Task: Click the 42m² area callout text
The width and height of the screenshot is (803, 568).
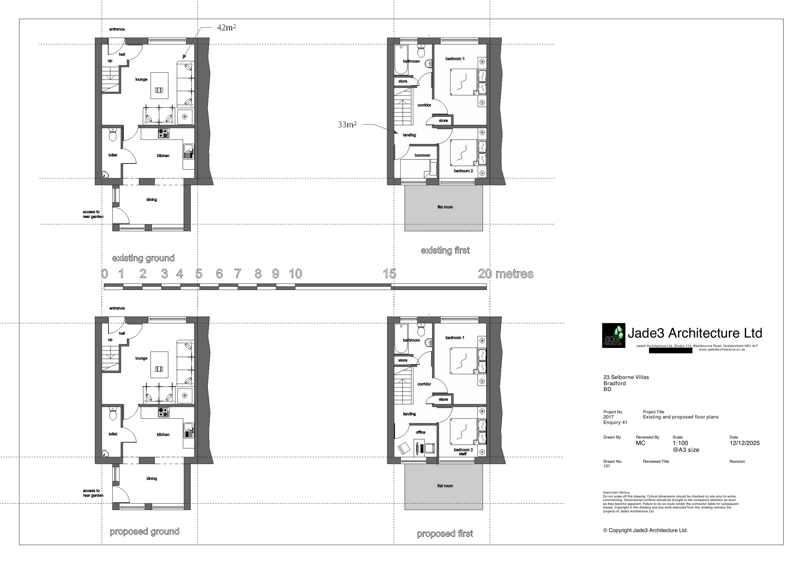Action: pos(226,27)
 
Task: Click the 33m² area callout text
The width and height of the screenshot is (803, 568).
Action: pos(347,125)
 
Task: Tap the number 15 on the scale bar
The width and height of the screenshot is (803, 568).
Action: pos(389,274)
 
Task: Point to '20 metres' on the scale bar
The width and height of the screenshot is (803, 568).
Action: pos(505,274)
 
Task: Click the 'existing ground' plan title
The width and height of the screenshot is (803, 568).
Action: pos(143,258)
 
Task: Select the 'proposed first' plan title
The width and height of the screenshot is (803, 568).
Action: pos(445,534)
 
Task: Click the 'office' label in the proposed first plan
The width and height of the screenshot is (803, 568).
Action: pos(420,432)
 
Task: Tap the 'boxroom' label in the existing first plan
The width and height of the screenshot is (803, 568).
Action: pos(422,155)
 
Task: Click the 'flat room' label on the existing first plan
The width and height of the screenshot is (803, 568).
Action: pos(445,207)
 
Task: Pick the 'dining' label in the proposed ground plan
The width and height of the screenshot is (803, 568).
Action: pos(151,478)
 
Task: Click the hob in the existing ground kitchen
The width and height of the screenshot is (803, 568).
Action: pos(163,133)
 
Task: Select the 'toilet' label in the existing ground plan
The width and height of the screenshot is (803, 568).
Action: pos(113,155)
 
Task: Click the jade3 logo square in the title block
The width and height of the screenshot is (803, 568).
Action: pos(613,335)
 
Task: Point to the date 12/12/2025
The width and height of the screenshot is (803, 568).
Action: pos(744,443)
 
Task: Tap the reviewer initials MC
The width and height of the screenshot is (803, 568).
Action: pos(640,443)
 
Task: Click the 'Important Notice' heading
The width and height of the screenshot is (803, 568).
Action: pos(616,492)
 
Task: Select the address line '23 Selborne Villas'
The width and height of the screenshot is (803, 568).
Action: pos(626,377)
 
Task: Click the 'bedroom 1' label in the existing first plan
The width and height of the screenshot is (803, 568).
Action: pos(455,59)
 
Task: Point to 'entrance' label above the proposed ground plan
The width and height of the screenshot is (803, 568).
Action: pos(117,308)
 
